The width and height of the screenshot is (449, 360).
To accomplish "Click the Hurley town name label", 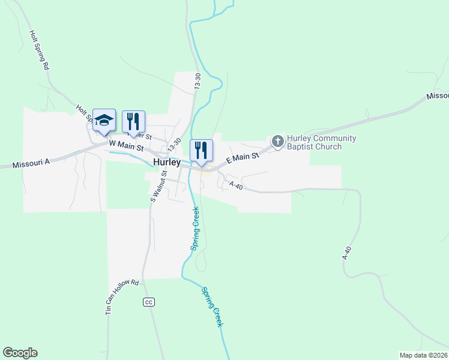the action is [167, 162].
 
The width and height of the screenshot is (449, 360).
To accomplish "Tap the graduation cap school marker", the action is [104, 121].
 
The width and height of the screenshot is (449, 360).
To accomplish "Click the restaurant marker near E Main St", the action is [201, 151].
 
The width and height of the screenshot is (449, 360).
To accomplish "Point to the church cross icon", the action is [277, 142].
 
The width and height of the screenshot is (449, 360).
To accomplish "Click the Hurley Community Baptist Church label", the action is [321, 142].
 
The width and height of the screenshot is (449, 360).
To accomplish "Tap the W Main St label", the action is [127, 145].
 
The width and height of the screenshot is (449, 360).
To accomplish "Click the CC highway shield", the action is [149, 301].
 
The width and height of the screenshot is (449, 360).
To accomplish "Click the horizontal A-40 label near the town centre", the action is [235, 187].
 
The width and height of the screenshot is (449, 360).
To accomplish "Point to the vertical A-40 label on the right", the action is [346, 252].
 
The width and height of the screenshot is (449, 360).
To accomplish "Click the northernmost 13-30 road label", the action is [197, 82].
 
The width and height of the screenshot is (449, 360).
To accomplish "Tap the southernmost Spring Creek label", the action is [212, 306].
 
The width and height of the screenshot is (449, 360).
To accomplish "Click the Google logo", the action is [20, 353].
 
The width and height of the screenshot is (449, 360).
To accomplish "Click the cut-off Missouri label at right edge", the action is [438, 96].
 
